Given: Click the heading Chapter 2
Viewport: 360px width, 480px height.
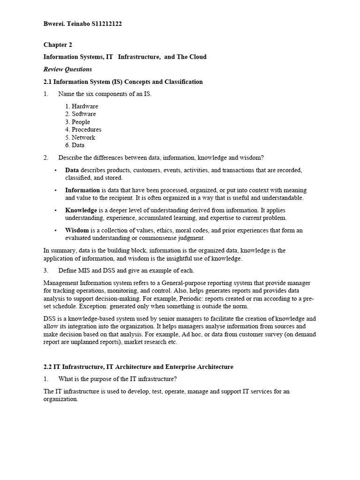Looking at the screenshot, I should point(58,45).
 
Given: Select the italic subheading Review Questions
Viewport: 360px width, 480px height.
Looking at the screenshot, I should point(67,69).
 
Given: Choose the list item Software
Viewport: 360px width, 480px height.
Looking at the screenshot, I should point(84,114).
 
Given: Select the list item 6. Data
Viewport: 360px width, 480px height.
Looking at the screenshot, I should point(75,145).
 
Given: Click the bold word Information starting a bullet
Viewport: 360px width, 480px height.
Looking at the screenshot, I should point(82,190).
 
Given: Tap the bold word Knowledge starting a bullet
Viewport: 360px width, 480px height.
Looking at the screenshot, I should point(81,210).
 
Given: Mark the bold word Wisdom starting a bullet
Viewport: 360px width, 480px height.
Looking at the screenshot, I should point(77,230).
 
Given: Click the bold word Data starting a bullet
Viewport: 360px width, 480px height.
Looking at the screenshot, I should point(72,170).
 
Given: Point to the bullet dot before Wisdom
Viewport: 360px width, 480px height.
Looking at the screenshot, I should point(55,231).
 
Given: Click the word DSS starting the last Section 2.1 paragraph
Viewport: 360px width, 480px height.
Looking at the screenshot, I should point(49,319).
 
